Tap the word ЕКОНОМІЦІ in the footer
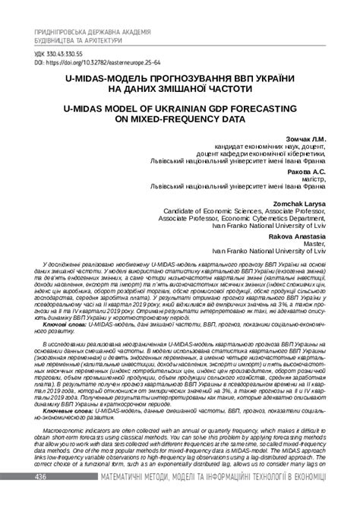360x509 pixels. click(312, 497)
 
